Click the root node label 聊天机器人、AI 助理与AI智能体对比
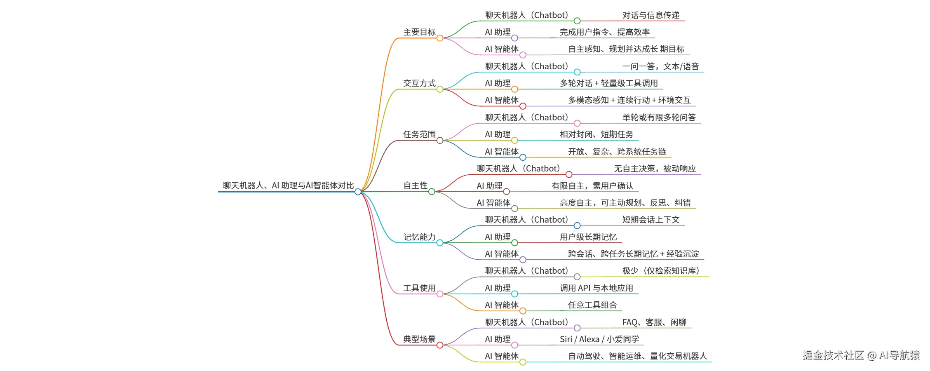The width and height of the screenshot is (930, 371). click(x=288, y=185)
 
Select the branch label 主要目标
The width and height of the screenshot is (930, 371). click(x=419, y=32)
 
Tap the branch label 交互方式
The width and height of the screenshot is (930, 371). click(x=419, y=83)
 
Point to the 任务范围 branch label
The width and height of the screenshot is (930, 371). click(x=419, y=134)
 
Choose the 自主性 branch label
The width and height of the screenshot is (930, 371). click(x=415, y=185)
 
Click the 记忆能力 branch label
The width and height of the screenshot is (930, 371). click(x=419, y=237)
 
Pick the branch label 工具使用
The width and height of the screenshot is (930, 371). click(x=419, y=288)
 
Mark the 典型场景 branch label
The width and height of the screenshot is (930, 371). click(x=419, y=339)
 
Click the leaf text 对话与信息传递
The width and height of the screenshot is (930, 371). click(x=651, y=15)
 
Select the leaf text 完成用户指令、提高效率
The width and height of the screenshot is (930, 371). click(x=605, y=32)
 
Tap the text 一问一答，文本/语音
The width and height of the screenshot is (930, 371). click(x=660, y=66)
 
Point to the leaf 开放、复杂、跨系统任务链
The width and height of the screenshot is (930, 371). click(x=617, y=152)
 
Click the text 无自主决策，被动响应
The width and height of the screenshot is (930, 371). click(x=655, y=169)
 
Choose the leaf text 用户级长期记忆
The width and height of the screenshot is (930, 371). click(x=588, y=237)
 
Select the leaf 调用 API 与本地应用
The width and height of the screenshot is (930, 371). click(x=597, y=288)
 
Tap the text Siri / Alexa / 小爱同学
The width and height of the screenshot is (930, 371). click(x=599, y=339)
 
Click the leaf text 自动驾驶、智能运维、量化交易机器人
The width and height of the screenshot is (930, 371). click(x=637, y=356)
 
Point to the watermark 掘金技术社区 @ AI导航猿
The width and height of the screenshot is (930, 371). click(x=861, y=355)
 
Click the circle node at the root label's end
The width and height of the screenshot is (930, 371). click(x=358, y=192)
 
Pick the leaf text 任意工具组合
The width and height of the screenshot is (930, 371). click(x=592, y=305)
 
